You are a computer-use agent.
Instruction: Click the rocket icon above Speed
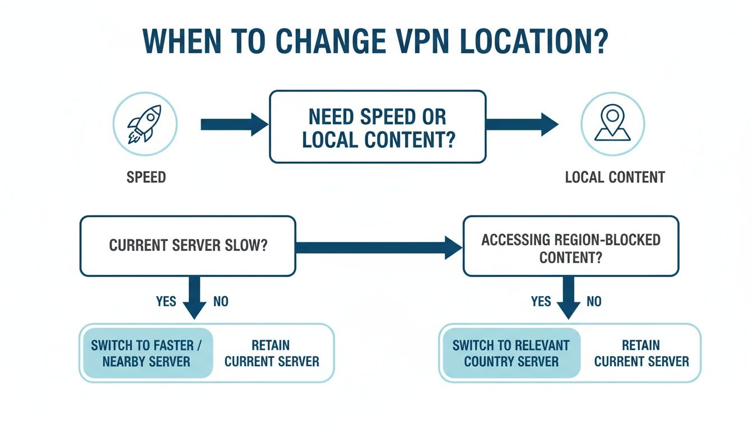tap(145, 124)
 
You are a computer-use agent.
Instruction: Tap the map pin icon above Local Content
tap(612, 124)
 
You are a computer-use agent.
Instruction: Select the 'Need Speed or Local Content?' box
tap(378, 127)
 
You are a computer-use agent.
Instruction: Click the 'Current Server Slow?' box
tap(188, 246)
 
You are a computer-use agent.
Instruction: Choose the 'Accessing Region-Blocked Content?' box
tap(571, 247)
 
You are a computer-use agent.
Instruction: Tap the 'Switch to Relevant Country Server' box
tap(511, 353)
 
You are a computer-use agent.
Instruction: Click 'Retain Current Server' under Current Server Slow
tap(272, 353)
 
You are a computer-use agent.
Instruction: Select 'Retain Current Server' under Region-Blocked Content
tap(642, 353)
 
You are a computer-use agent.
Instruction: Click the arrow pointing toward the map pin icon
tap(521, 124)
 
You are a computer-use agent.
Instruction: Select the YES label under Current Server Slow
tap(166, 302)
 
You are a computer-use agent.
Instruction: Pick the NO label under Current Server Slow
tap(221, 302)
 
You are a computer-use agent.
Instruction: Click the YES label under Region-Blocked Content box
tap(541, 302)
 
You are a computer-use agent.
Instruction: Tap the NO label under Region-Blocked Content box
tap(594, 302)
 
